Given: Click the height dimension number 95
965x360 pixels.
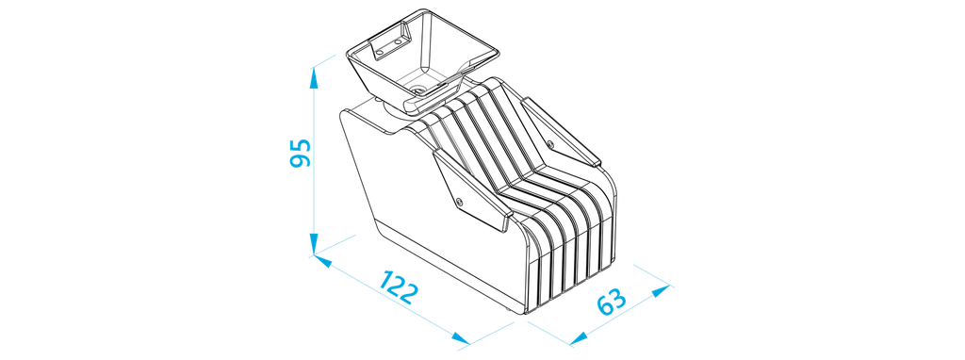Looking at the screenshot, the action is point(301,153).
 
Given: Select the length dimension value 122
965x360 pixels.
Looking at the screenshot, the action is point(399,286).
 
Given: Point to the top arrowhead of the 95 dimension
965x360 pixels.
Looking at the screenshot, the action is point(313,78).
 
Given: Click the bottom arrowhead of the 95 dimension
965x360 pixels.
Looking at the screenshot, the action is point(313,244).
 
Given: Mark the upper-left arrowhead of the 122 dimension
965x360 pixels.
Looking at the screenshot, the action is point(322,261).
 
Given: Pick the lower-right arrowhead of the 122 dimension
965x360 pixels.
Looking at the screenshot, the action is point(460,337).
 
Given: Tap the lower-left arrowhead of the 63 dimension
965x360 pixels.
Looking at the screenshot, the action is point(580,337).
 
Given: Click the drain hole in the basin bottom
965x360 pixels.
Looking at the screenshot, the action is point(419,90).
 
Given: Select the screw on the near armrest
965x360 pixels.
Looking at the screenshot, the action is point(459,201).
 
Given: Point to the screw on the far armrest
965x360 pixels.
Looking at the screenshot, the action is point(550,144).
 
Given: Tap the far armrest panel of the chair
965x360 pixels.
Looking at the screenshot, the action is point(560,132).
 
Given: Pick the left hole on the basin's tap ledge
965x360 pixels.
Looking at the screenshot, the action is point(379,53).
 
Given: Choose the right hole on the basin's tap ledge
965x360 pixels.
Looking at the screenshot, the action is point(398,41).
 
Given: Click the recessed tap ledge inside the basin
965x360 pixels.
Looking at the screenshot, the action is point(389,44).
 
